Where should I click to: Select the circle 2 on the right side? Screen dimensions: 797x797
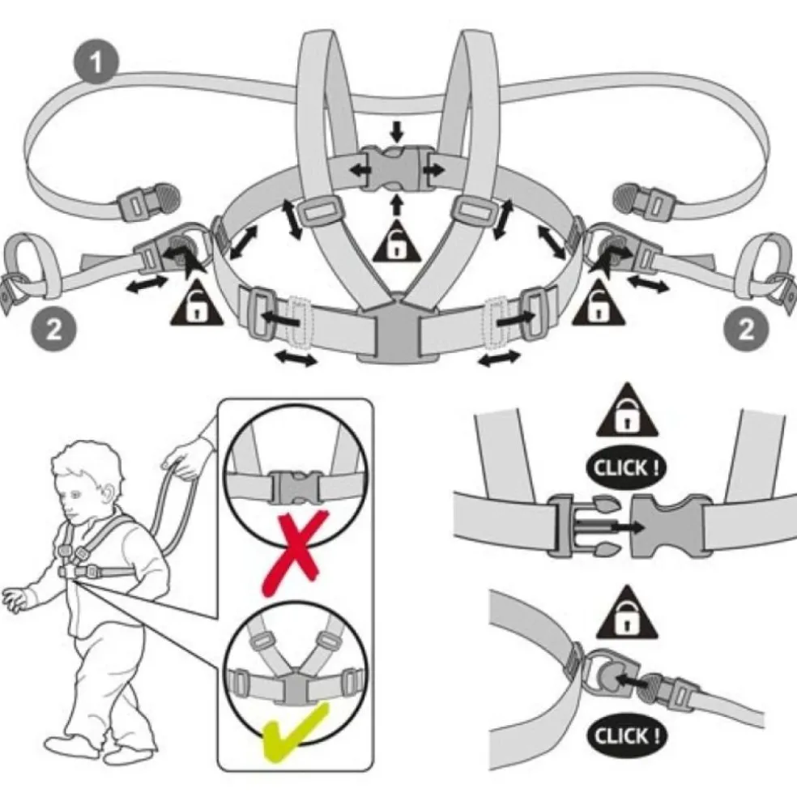pos(745,329)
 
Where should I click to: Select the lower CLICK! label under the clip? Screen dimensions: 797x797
pos(631,736)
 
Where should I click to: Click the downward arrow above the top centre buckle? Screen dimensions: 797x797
pos(394,130)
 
